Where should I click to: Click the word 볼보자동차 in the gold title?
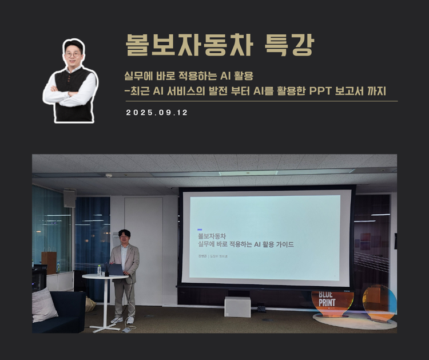(187, 44)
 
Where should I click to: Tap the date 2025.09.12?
(157, 113)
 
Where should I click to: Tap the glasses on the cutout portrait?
(73, 54)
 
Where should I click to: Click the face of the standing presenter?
(124, 238)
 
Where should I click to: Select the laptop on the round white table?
(115, 270)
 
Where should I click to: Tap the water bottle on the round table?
(99, 270)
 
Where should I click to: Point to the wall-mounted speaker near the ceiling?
(70, 198)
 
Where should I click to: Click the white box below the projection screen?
(237, 306)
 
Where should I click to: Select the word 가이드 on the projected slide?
(281, 244)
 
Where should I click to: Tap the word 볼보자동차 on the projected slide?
(212, 235)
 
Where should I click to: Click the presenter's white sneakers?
(123, 319)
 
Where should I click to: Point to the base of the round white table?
(105, 329)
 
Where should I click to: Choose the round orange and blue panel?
(379, 302)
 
